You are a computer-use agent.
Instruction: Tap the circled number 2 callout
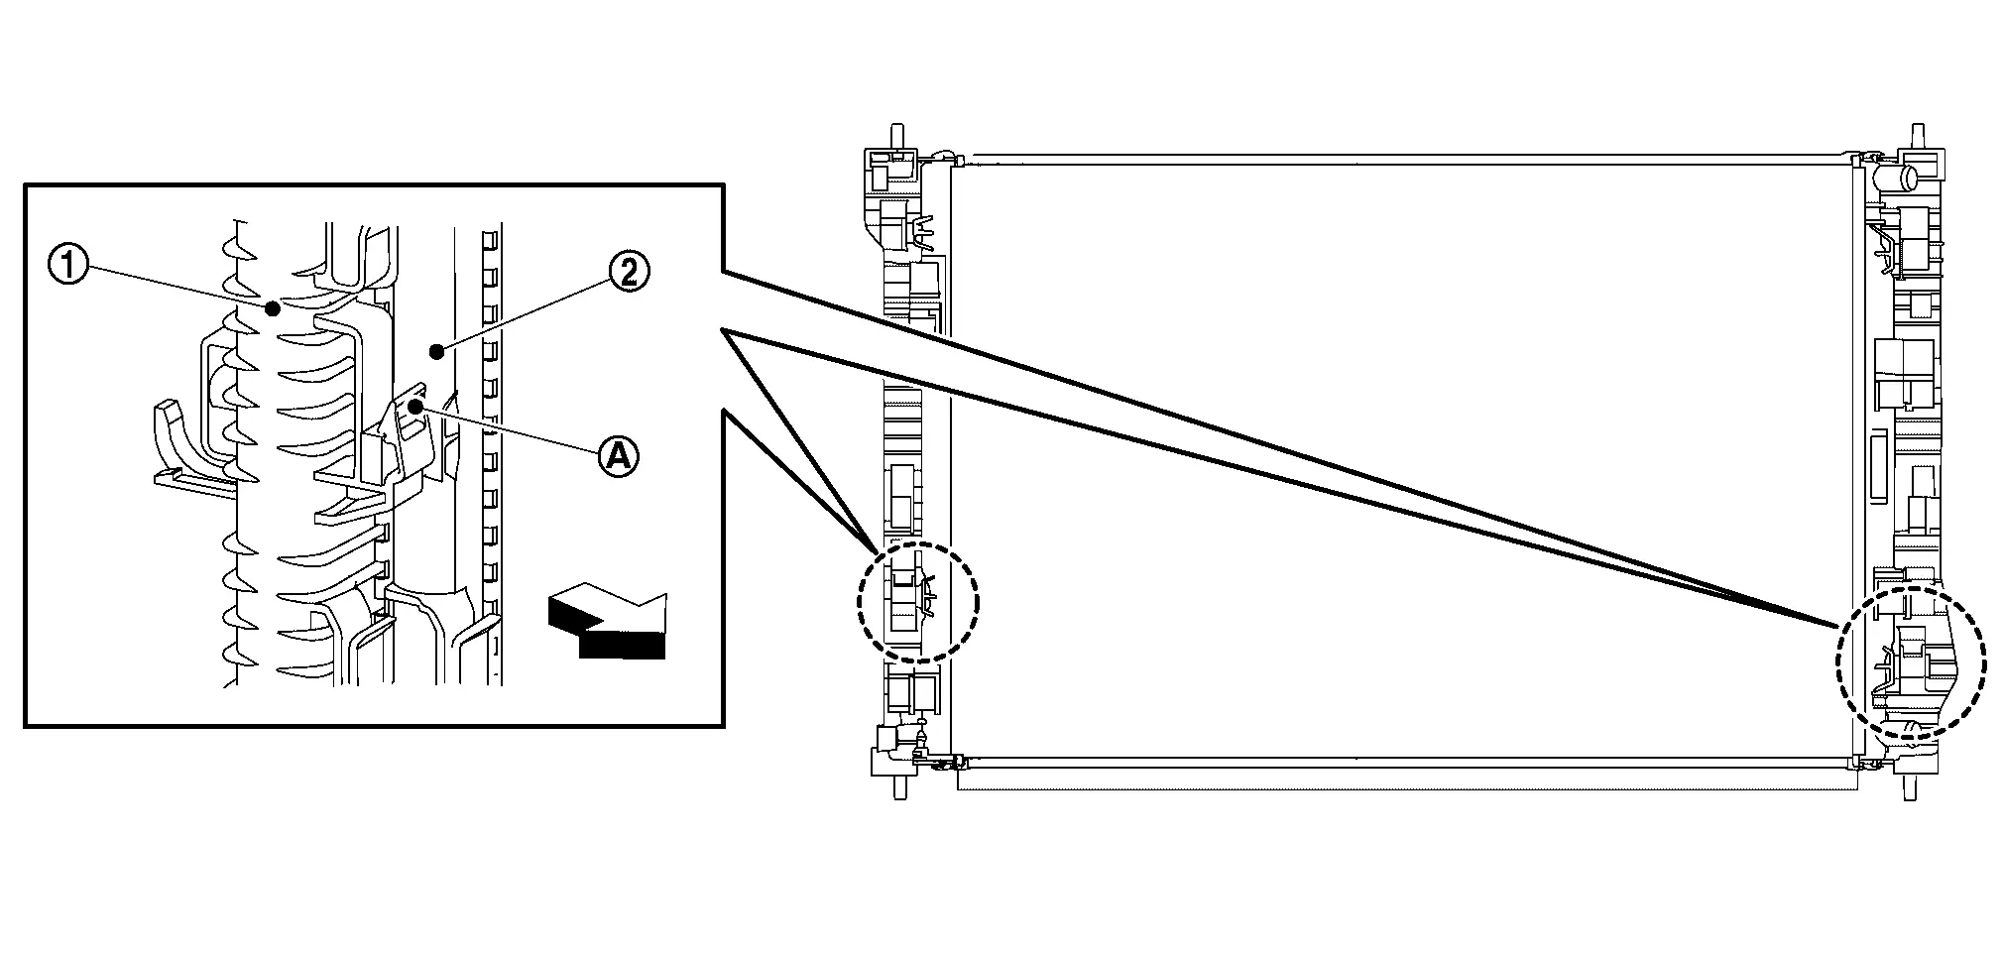tap(629, 271)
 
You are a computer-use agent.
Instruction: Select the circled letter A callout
tap(617, 456)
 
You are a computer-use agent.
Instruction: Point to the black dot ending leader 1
tap(272, 309)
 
